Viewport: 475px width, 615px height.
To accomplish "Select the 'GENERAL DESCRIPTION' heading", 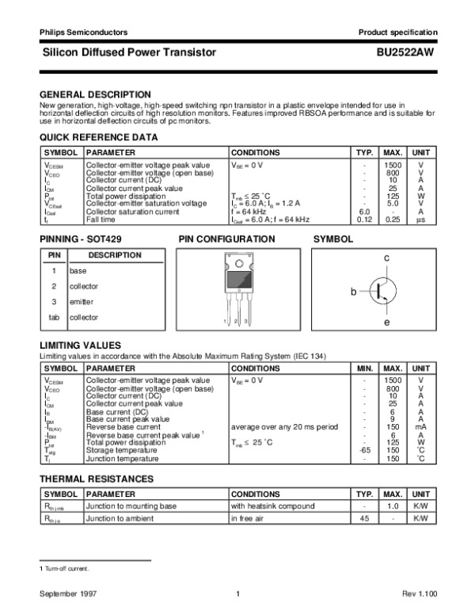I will tap(95, 94).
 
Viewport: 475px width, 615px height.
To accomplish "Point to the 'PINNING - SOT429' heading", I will tap(81, 239).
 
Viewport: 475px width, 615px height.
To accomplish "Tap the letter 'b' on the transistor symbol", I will tap(355, 292).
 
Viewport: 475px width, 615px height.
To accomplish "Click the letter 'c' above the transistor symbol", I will tap(386, 258).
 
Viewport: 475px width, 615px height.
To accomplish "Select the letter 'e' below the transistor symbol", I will tap(386, 323).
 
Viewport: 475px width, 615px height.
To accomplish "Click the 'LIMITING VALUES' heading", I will tap(80, 346).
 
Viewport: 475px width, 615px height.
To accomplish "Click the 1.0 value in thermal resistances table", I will tap(389, 506).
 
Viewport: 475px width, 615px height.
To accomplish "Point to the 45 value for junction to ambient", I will tap(364, 519).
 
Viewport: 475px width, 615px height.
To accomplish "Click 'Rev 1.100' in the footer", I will tap(419, 594).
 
